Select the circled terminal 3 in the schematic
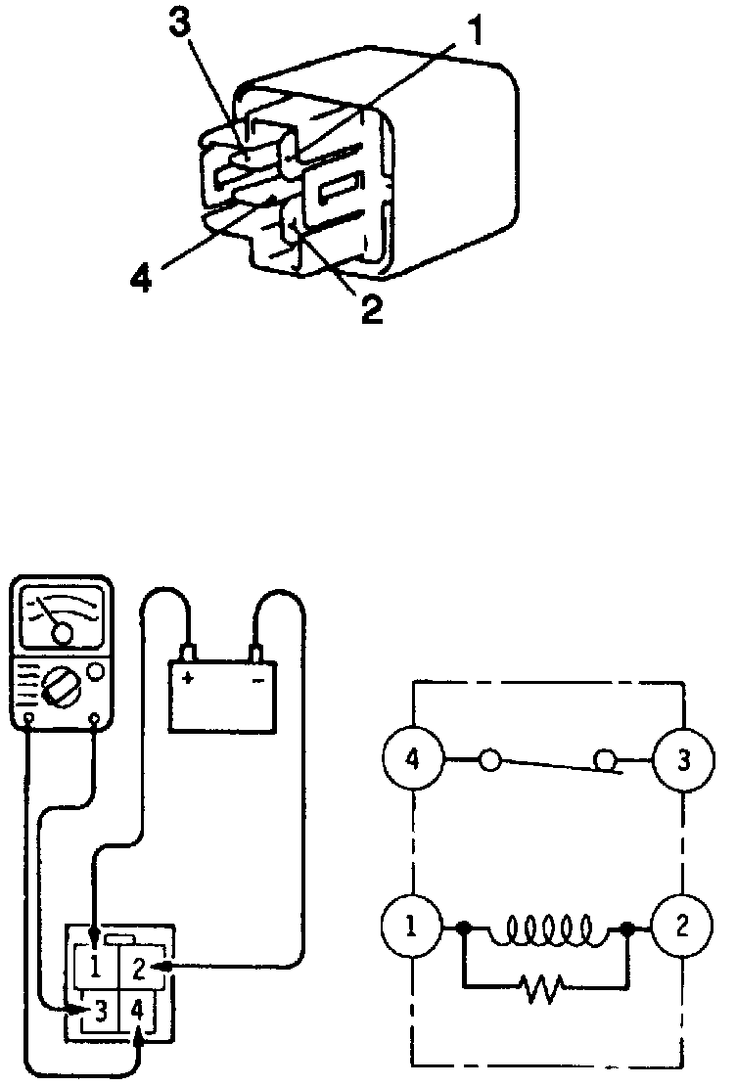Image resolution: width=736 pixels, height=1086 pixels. click(x=683, y=759)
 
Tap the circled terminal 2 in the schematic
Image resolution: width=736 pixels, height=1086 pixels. click(x=683, y=926)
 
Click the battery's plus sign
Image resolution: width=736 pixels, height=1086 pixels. click(x=186, y=679)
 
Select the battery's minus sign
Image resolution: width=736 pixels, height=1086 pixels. click(x=258, y=679)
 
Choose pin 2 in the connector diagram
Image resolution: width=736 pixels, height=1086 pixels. click(x=140, y=969)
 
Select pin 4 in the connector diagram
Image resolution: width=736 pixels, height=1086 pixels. click(x=139, y=1012)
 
